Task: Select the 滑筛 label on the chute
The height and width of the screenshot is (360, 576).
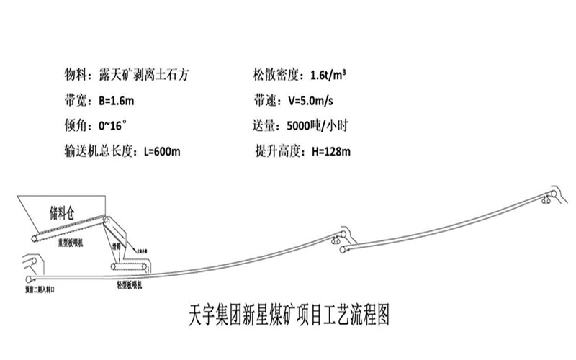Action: (116, 246)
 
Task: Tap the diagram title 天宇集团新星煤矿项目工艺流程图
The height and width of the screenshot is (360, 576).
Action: (287, 315)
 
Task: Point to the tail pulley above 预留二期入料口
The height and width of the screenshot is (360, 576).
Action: (30, 279)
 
